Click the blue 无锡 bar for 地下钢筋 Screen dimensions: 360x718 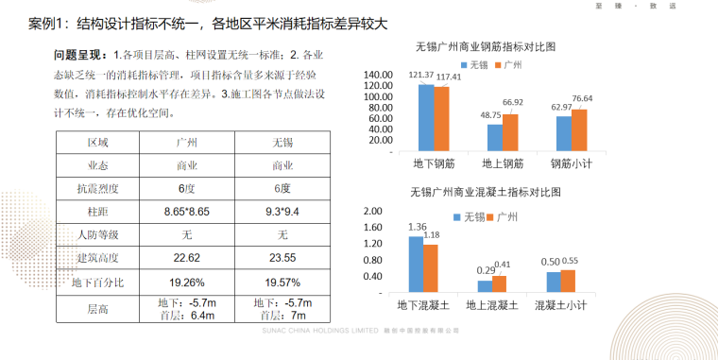point(426,118)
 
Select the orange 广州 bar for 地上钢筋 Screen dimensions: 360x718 point(510,133)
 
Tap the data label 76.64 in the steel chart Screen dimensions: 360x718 point(581,98)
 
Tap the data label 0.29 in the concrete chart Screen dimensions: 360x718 point(485,271)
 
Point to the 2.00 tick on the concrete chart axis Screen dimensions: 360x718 point(373,211)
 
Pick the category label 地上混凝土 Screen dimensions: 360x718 point(491,306)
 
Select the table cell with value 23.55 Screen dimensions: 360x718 point(282,258)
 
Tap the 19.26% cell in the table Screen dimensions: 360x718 point(186,282)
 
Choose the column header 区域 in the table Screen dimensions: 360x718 point(98,143)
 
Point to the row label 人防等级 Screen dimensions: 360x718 point(98,234)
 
